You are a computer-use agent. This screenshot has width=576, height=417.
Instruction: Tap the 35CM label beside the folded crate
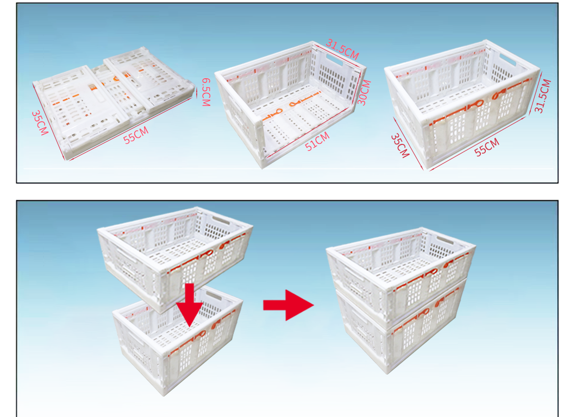click(x=40, y=123)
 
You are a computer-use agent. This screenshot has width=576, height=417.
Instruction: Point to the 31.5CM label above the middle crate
click(x=342, y=48)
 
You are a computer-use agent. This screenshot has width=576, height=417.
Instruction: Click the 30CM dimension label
click(x=365, y=93)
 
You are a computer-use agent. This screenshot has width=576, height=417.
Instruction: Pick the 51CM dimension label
click(x=317, y=142)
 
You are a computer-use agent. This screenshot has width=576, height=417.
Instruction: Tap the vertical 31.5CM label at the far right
click(x=542, y=96)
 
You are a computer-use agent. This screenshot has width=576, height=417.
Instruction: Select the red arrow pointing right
click(x=289, y=306)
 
